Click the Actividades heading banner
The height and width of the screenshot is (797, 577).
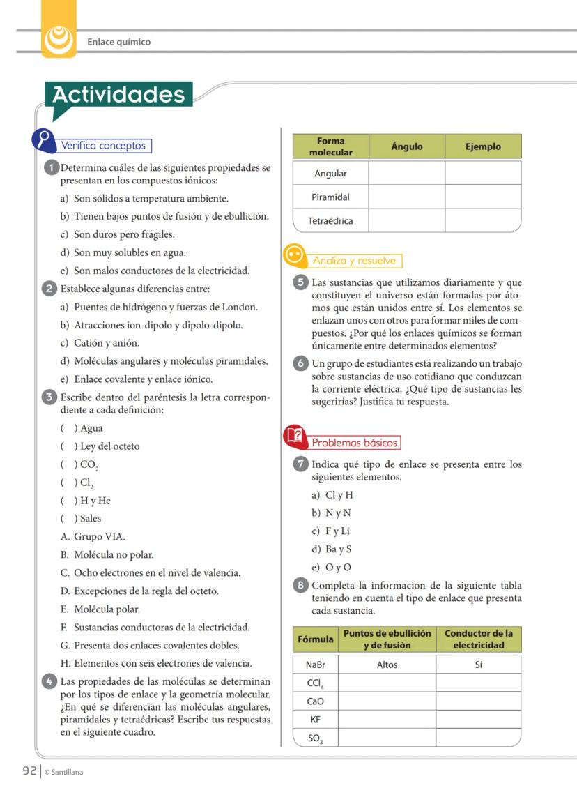[118, 96]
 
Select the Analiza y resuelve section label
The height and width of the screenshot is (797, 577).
[354, 261]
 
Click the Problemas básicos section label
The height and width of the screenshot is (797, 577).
[354, 443]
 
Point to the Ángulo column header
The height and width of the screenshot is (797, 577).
[406, 146]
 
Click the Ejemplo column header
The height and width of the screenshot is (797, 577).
[483, 146]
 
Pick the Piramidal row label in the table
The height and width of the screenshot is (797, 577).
[330, 197]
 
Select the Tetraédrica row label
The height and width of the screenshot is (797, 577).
[330, 221]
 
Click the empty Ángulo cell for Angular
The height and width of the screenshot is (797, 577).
[406, 173]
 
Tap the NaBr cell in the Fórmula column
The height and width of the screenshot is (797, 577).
[316, 665]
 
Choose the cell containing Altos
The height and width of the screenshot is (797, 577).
[387, 665]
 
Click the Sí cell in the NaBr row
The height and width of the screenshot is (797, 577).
[478, 665]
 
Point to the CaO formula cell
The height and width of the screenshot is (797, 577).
[316, 701]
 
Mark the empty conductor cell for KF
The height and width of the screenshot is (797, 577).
[478, 719]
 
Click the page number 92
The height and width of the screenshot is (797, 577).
[29, 771]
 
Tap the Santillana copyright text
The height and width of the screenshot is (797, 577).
[63, 772]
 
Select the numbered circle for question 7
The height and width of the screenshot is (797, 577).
[300, 464]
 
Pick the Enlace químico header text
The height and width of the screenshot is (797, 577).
[118, 42]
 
